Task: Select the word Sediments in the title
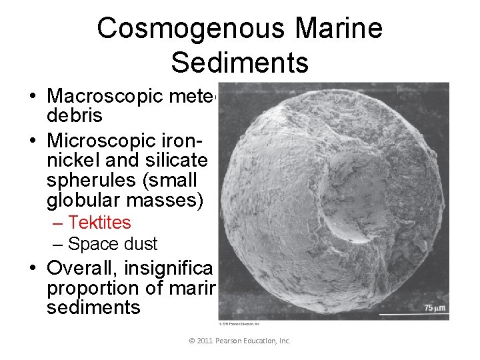[x=240, y=62]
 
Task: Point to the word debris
[x=75, y=115]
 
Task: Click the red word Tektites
[x=99, y=222]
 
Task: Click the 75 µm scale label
[x=434, y=307]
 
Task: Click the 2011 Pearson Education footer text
[x=240, y=340]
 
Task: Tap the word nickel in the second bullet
[x=71, y=161]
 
